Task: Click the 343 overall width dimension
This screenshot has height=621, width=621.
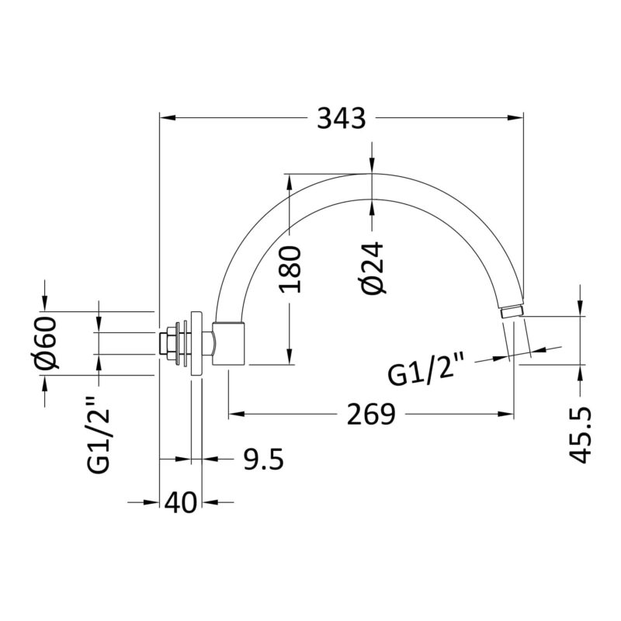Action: tap(342, 118)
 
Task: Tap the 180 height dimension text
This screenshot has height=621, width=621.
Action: tap(290, 269)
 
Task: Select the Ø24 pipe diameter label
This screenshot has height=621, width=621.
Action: tap(372, 269)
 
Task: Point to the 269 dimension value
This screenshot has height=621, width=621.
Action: tap(371, 415)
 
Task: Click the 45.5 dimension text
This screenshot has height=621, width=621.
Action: tap(580, 435)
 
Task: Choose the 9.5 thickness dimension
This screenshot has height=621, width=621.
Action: tap(263, 460)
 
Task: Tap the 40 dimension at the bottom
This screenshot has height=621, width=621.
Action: tap(180, 502)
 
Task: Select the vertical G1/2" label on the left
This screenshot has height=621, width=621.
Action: tap(99, 435)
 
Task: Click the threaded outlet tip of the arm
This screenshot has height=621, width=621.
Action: tap(512, 311)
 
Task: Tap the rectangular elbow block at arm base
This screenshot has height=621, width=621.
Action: tap(229, 343)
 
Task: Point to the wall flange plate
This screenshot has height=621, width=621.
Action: tap(196, 343)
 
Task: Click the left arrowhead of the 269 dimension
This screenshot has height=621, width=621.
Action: tap(237, 415)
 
